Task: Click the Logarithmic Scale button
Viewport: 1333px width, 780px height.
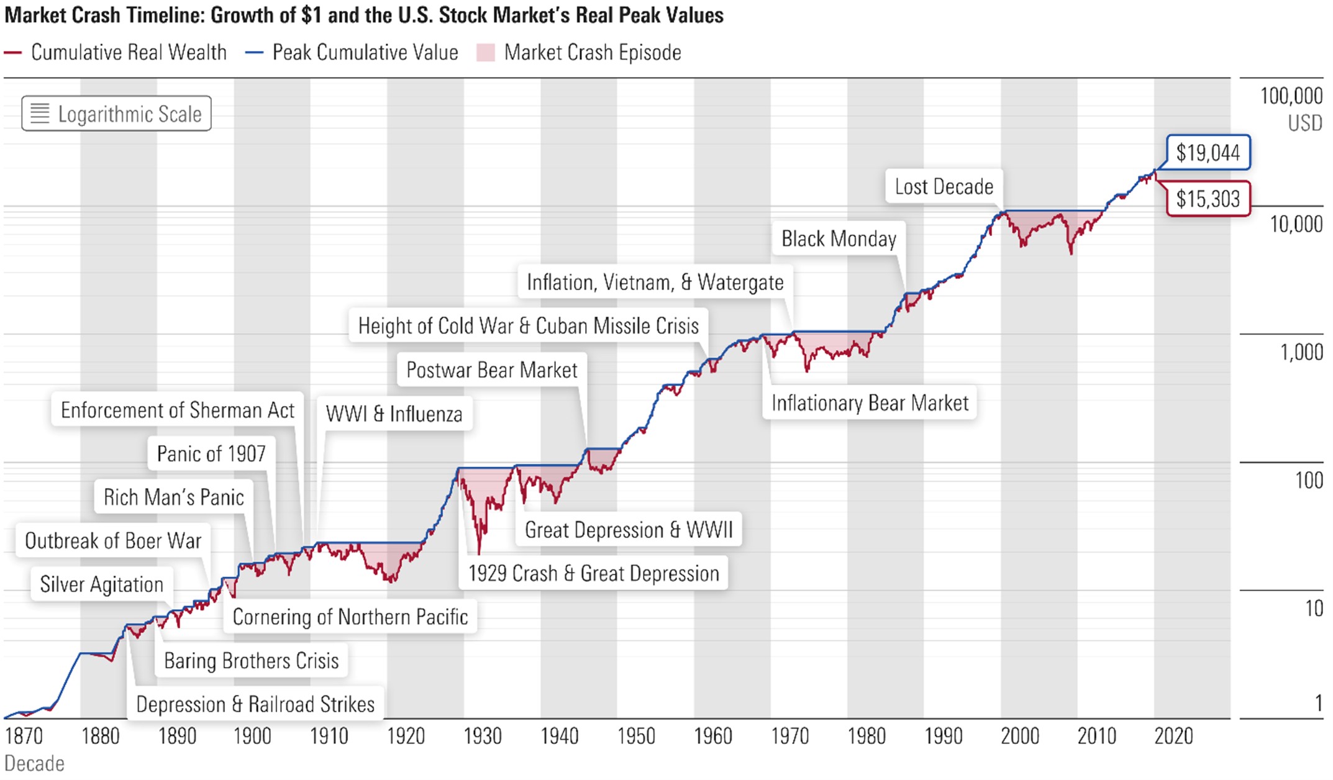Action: (117, 114)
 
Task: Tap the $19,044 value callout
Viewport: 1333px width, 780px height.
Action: (1208, 153)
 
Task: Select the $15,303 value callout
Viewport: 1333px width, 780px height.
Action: (1208, 199)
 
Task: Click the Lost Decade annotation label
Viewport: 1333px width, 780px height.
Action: (944, 186)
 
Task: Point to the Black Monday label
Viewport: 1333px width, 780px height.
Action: (839, 238)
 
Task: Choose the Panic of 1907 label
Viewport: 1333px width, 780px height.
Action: (211, 454)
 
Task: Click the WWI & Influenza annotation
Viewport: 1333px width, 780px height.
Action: (394, 414)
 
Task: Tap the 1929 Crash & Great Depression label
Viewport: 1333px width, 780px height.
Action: (593, 573)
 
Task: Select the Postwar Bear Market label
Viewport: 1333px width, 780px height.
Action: (491, 370)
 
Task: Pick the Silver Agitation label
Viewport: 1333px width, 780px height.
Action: (101, 584)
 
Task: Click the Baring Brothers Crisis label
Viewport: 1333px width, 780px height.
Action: (251, 661)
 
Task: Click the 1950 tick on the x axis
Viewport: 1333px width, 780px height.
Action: (636, 737)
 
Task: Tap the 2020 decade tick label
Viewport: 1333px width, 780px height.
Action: (1173, 737)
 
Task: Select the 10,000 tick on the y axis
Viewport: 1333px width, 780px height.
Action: (1296, 224)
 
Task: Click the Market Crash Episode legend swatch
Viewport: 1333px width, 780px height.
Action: (486, 53)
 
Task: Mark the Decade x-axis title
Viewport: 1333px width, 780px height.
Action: (34, 764)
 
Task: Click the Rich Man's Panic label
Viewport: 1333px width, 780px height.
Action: (173, 497)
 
